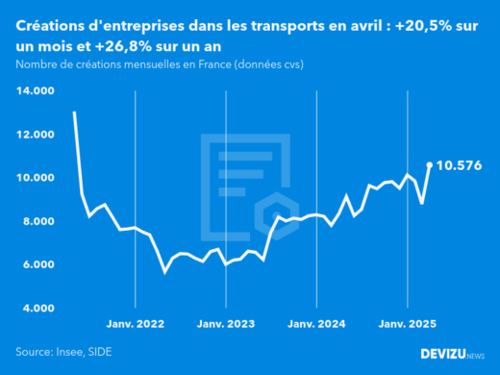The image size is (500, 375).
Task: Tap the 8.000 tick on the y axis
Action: [x=37, y=221]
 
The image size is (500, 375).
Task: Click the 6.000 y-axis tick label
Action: [x=37, y=264]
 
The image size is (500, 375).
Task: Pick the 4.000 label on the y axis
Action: [x=37, y=308]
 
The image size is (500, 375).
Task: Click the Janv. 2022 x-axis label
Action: [x=136, y=324]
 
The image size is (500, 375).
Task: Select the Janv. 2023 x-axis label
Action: [x=227, y=324]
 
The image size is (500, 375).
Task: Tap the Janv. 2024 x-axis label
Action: [x=318, y=324]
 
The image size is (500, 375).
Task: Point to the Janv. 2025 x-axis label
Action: [x=409, y=324]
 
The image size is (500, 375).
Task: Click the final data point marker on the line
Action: [x=429, y=164]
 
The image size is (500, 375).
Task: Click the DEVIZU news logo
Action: [x=453, y=353]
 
